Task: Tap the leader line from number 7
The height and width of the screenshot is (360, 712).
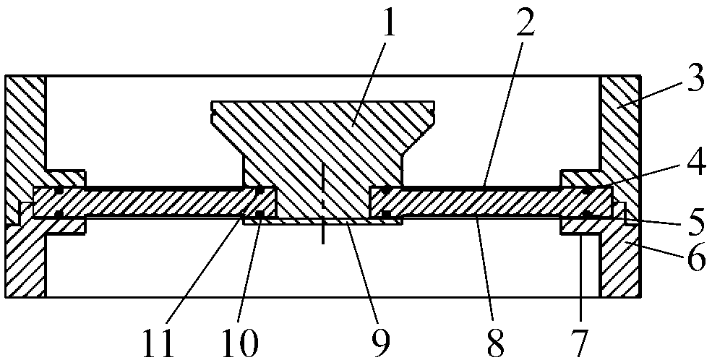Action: pos(580,275)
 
